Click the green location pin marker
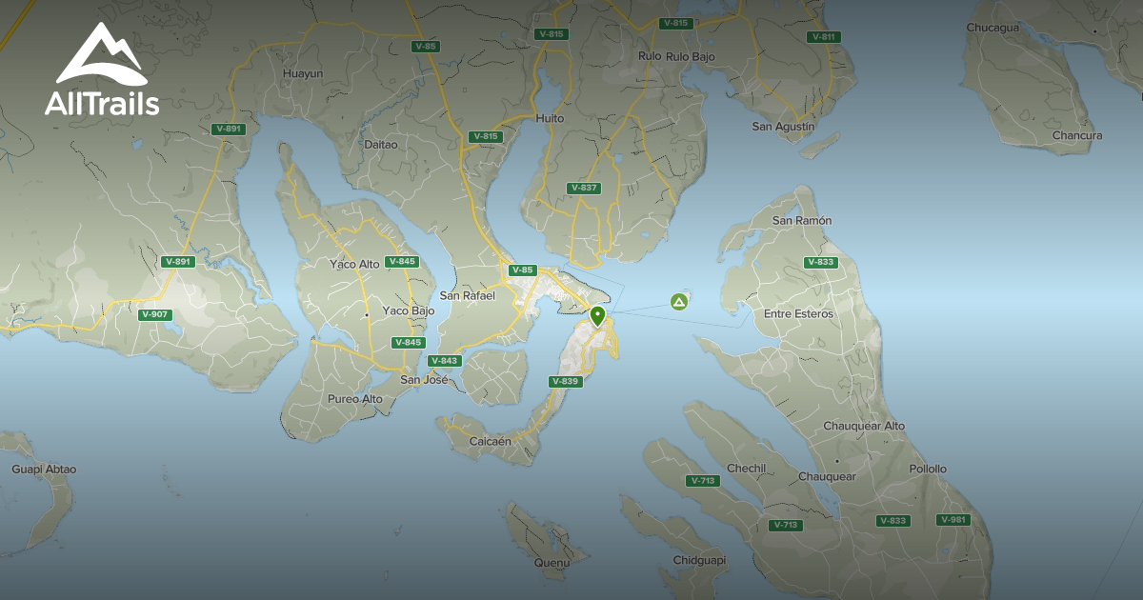click(598, 316)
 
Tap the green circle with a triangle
click(679, 302)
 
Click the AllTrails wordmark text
click(102, 103)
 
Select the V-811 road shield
click(823, 37)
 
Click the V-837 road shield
click(583, 188)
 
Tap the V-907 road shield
click(154, 314)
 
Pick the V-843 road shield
click(445, 361)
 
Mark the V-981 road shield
click(953, 520)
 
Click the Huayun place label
click(303, 73)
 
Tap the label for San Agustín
click(783, 127)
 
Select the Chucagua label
click(993, 28)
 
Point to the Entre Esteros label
click(798, 314)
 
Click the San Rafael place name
click(467, 296)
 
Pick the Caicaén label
click(491, 442)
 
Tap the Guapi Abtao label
click(44, 470)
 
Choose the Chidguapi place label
click(699, 560)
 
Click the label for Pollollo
click(928, 470)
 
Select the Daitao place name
click(381, 145)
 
